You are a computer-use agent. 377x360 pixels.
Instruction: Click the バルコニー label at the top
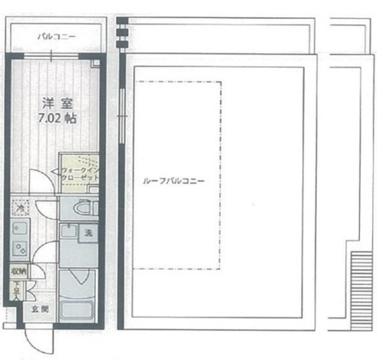(57, 37)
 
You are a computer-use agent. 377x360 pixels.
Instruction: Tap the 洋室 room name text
(57, 102)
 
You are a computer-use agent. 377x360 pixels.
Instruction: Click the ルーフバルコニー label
(174, 181)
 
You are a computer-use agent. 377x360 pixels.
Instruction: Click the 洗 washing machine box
(88, 232)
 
